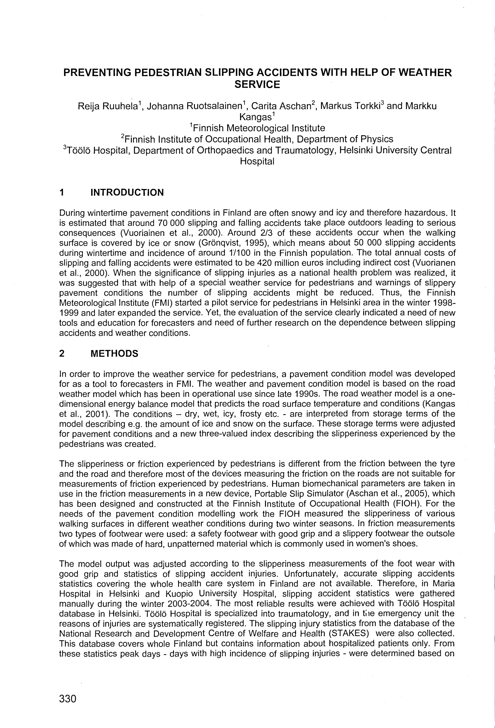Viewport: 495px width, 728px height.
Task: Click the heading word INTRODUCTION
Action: (x=127, y=192)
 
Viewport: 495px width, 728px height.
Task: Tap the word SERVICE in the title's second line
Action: (x=257, y=85)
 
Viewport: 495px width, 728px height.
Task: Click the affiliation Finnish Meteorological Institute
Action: (x=259, y=128)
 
